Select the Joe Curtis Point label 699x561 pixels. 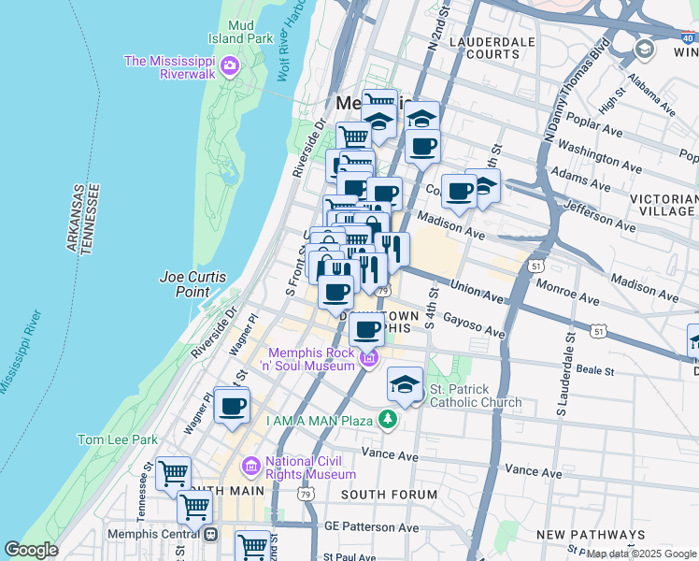click(184, 283)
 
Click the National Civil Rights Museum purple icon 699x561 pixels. click(250, 466)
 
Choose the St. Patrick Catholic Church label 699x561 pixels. click(475, 396)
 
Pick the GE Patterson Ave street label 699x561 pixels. click(372, 527)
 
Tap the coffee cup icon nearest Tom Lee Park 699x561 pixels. click(233, 407)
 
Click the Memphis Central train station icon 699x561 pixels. click(210, 535)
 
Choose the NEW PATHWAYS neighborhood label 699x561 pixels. click(591, 534)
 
